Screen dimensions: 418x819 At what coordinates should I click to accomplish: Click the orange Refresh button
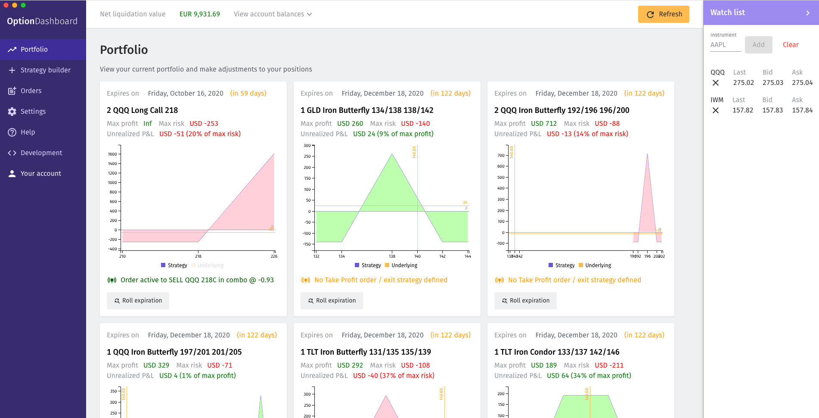(x=664, y=14)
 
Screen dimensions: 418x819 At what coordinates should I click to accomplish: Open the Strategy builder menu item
(x=45, y=70)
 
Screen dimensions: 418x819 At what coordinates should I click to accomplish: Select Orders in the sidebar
(x=31, y=90)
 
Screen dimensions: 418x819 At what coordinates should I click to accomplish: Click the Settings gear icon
(x=12, y=112)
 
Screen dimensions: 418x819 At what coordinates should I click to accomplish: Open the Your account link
(x=40, y=173)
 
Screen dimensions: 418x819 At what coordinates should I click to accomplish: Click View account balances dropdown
(x=273, y=14)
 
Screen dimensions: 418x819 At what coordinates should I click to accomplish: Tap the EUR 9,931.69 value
(x=199, y=14)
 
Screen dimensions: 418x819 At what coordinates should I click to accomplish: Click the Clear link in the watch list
(x=790, y=45)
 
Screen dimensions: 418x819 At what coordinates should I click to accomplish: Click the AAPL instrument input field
(x=726, y=45)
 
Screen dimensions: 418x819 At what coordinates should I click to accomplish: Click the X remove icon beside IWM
(x=716, y=110)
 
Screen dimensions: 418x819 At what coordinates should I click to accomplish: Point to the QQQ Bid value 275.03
(x=773, y=83)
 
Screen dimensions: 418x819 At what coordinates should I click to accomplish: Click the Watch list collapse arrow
(x=808, y=13)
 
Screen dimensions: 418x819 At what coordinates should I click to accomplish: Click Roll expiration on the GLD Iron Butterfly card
(x=332, y=301)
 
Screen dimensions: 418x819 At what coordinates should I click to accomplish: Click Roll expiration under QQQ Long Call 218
(x=138, y=301)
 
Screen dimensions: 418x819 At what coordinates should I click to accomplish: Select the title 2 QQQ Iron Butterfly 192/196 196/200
(x=562, y=110)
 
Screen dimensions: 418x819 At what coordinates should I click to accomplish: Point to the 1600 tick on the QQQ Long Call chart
(x=112, y=154)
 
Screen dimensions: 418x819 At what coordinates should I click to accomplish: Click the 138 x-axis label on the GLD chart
(x=392, y=256)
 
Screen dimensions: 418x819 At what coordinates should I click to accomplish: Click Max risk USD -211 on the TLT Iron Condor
(x=609, y=365)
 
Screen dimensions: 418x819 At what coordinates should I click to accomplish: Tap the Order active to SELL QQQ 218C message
(x=197, y=280)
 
